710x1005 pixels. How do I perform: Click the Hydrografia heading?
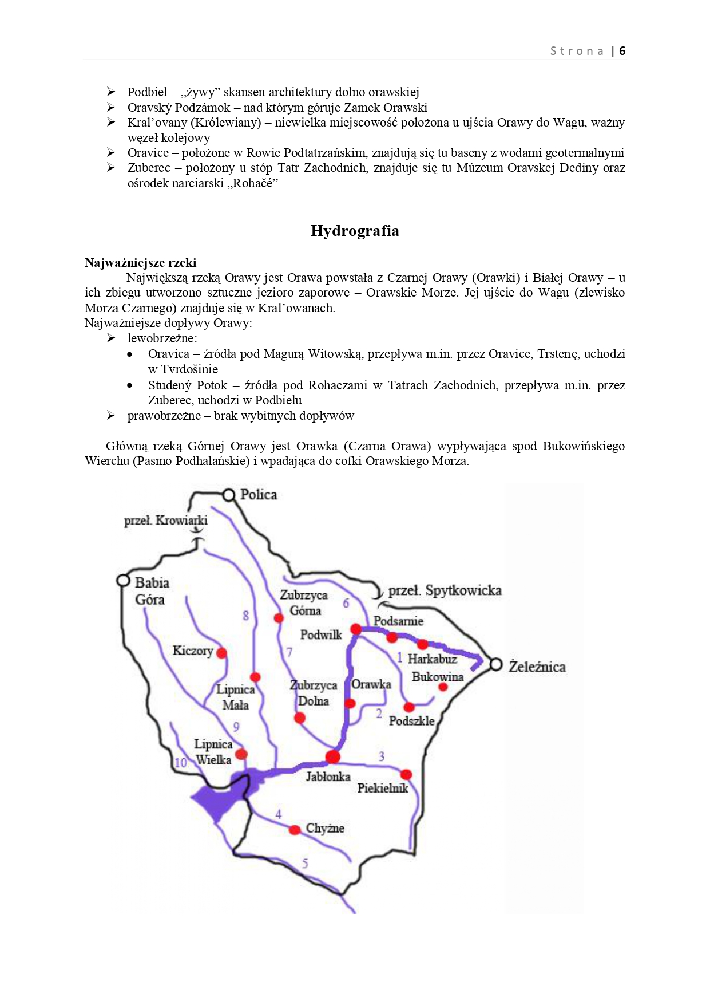[355, 231]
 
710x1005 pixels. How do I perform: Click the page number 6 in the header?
[622, 51]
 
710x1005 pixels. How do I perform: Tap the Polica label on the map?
[259, 495]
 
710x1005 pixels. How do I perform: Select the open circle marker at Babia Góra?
[123, 581]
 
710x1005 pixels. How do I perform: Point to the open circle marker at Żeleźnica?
[496, 665]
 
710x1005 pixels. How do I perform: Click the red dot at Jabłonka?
[332, 757]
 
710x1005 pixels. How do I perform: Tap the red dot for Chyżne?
[295, 830]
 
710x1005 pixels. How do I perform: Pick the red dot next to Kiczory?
[222, 653]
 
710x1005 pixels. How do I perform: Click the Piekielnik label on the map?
[383, 788]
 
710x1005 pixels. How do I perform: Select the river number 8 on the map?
[246, 616]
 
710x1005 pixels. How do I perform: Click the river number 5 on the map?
[305, 863]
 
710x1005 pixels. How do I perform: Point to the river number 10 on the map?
[181, 762]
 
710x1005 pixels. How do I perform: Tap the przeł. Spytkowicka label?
[445, 590]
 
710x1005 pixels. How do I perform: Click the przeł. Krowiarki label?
[166, 521]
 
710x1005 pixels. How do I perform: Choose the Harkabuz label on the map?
[432, 659]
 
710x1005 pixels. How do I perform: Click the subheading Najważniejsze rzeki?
[140, 263]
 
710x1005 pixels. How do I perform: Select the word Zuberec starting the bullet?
[149, 168]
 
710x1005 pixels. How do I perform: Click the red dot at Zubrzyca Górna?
[279, 618]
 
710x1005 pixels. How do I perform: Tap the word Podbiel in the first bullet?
[147, 92]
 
